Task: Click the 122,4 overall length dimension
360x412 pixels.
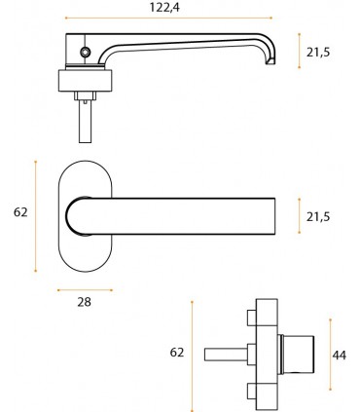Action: [164, 7]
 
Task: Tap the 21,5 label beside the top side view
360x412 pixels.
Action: [318, 52]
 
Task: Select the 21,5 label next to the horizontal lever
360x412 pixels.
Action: [318, 216]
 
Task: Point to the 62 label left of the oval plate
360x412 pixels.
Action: [20, 212]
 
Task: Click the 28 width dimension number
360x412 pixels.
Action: [85, 302]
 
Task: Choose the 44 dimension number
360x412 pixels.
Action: [340, 356]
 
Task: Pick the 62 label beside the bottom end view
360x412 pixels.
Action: [177, 353]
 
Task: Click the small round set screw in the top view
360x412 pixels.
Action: [86, 51]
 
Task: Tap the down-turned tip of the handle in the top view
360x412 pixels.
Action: [270, 60]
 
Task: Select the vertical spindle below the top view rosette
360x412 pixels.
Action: [85, 121]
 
